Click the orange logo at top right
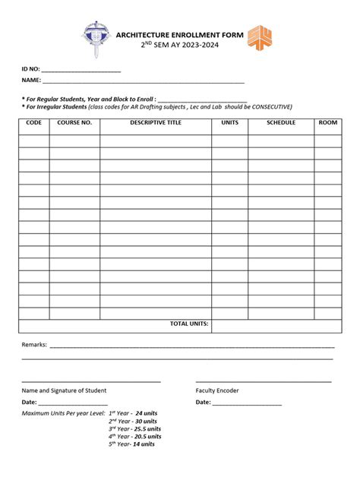click(x=261, y=38)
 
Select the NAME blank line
click(x=144, y=80)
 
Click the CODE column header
click(x=34, y=122)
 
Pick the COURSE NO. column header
click(x=74, y=122)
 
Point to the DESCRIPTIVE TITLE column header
click(x=156, y=122)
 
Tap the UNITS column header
click(x=229, y=122)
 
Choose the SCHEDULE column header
click(x=280, y=122)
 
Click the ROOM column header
click(x=327, y=122)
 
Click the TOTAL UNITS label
click(x=189, y=324)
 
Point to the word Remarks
click(x=34, y=344)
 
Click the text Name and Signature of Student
click(x=64, y=390)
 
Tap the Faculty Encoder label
click(x=217, y=390)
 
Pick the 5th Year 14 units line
click(x=131, y=444)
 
